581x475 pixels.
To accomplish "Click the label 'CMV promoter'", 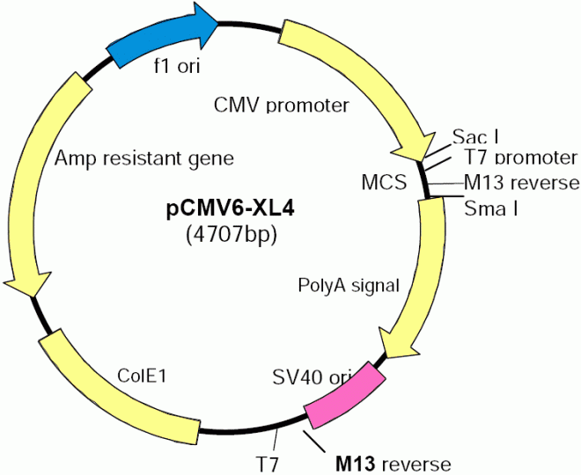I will coord(282,106).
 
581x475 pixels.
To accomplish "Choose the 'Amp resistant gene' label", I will coord(144,158).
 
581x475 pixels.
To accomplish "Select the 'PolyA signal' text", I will coord(349,285).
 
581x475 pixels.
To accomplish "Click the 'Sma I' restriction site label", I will coord(490,208).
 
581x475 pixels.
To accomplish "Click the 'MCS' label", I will coord(383,182).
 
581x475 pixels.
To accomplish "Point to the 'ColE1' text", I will coord(143,376).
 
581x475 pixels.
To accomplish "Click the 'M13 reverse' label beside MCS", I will coord(521,182).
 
